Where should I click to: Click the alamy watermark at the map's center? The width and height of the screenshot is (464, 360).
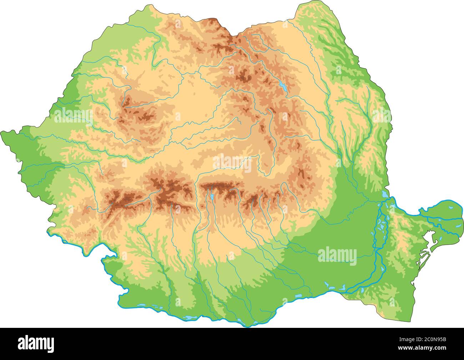pos(232,164)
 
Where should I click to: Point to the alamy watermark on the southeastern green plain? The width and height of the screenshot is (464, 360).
pos(337,256)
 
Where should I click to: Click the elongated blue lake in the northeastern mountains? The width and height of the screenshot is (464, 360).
pos(283,86)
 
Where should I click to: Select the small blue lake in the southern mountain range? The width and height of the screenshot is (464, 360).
pos(212,196)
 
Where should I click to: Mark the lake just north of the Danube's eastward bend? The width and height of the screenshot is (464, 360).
pos(384,194)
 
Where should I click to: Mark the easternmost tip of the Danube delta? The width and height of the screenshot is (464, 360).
pos(463,213)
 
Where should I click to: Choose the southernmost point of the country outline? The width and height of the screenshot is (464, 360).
pos(246,326)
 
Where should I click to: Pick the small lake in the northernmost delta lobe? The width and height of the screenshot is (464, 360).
pos(451,207)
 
